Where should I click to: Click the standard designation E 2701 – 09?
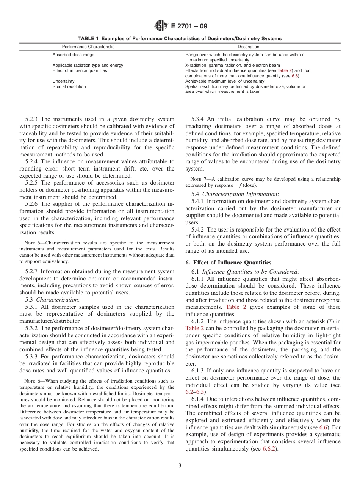pos(189,27)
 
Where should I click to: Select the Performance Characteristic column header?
pos(88,47)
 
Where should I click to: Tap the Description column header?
pos(248,47)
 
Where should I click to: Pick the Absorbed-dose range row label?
pos(73,55)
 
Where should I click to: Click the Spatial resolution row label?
pos(69,86)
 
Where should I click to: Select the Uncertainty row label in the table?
pos(63,81)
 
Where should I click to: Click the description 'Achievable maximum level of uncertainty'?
pos(224,81)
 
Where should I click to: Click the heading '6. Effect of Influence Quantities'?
pos(228,263)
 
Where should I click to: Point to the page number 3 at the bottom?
pos(180,466)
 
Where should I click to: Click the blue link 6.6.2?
pos(269,449)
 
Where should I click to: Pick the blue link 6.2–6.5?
pos(195,392)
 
